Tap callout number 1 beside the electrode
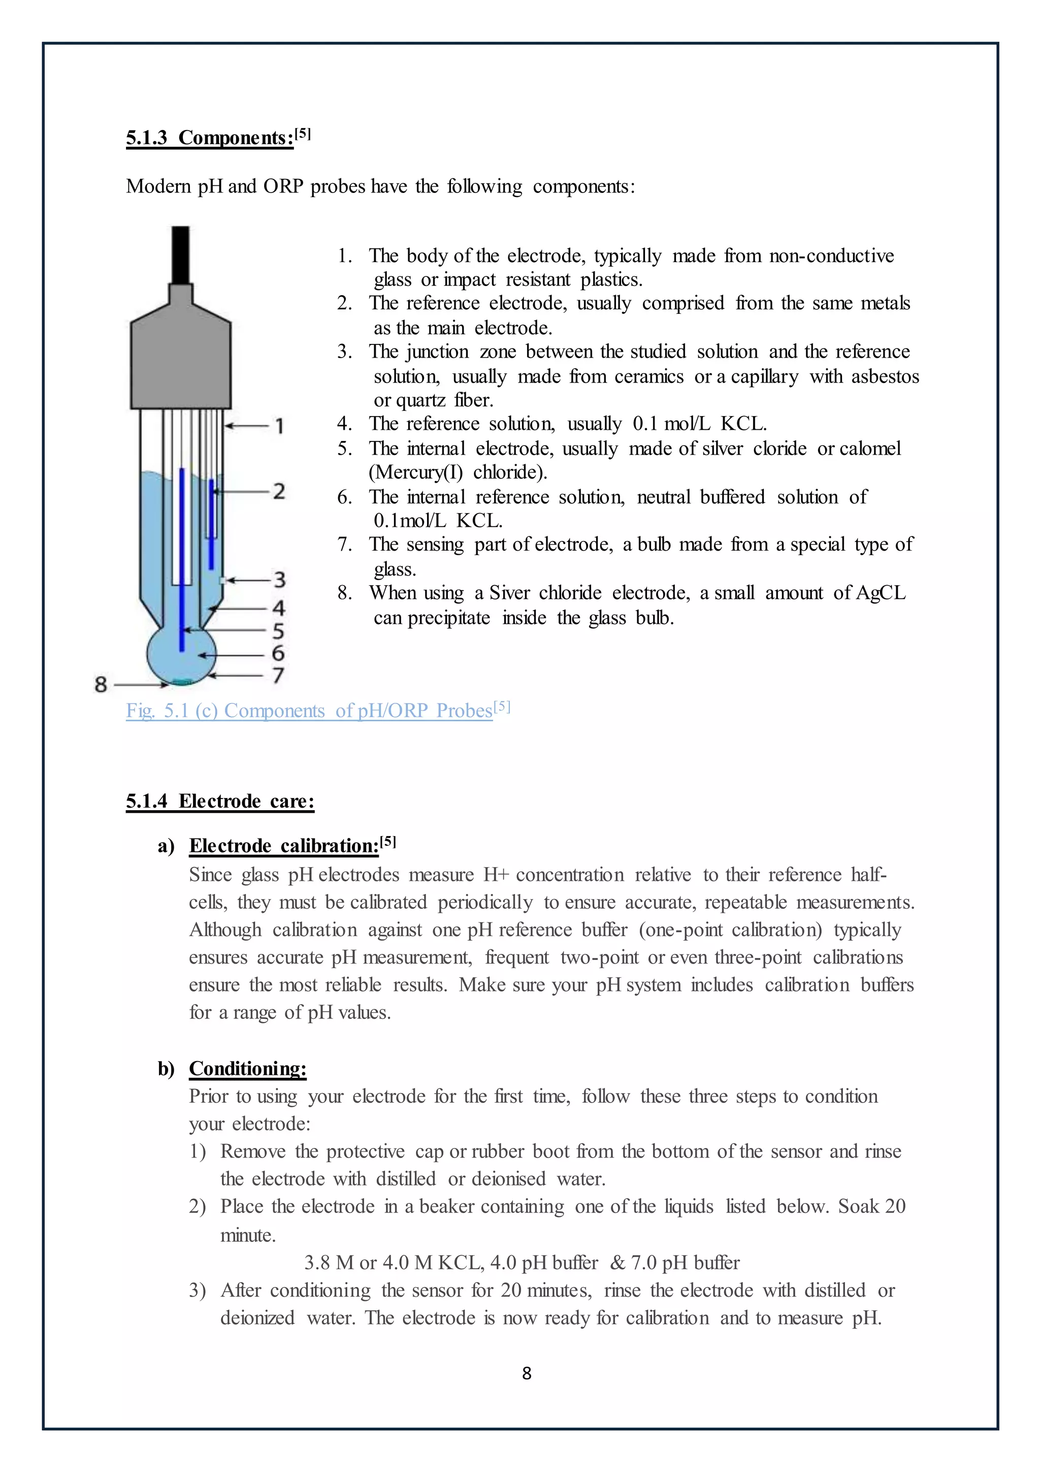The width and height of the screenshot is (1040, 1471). click(279, 426)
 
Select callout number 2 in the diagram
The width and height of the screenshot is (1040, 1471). click(279, 491)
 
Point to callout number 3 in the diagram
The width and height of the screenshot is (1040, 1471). click(279, 580)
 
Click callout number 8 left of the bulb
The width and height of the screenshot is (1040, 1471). click(101, 684)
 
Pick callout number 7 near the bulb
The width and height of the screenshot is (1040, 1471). click(278, 675)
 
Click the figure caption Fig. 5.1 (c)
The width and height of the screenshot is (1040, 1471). click(309, 711)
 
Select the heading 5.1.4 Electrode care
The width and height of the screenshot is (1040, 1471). click(220, 801)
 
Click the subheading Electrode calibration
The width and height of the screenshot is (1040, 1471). click(284, 846)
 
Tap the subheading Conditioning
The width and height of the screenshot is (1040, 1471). click(248, 1069)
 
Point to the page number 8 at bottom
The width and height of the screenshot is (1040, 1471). click(527, 1373)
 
